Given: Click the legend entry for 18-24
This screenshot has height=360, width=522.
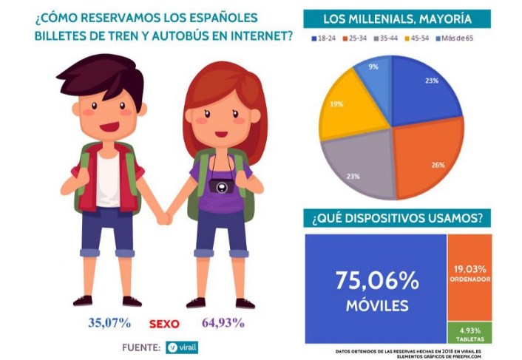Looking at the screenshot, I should [323, 37].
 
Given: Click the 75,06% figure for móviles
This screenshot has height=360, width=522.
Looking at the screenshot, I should [377, 280].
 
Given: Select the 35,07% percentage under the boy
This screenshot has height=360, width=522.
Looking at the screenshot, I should [109, 322].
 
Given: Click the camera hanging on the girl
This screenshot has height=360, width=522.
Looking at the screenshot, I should [220, 185].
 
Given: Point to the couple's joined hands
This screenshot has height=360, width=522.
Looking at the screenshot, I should [163, 219].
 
